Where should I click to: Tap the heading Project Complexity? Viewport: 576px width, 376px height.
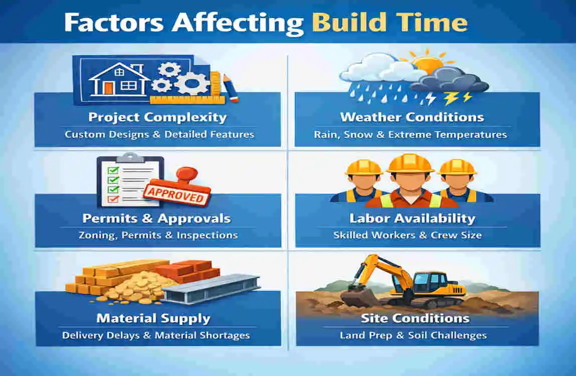pos(157,118)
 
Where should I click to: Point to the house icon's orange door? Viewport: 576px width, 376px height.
pos(109,87)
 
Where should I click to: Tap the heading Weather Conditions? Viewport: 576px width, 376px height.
pos(412,118)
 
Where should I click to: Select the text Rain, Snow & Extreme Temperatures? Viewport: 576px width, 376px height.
pos(410,134)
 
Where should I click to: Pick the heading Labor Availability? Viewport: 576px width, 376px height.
pos(412,219)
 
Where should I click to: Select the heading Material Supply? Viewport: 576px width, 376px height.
pos(153,318)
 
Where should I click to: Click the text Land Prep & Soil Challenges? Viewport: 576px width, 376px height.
pos(413,335)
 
